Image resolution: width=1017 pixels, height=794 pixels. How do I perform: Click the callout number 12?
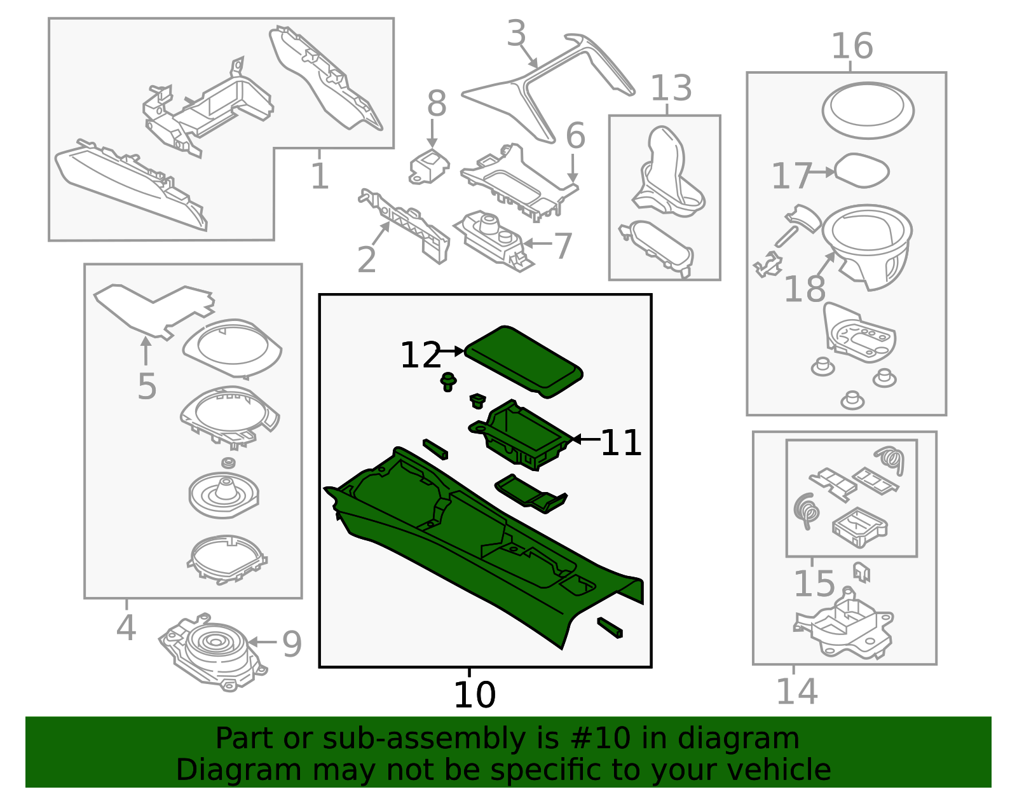tap(420, 355)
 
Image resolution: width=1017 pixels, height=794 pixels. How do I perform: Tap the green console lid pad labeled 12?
tap(524, 359)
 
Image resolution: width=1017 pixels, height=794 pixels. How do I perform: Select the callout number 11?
tap(620, 443)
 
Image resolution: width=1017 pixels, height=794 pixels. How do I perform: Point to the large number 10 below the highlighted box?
tap(474, 695)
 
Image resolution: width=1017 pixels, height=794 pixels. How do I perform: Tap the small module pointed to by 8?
tap(428, 167)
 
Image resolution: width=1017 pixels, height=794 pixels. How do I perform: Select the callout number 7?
tap(563, 246)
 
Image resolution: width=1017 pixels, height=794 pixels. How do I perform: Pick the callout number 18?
tap(804, 289)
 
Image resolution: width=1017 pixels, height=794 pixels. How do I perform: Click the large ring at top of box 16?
tap(868, 110)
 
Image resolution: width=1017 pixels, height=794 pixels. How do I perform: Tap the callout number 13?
tap(671, 88)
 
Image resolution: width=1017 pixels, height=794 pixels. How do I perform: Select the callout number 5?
tap(147, 387)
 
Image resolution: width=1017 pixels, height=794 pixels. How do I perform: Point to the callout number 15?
tap(814, 584)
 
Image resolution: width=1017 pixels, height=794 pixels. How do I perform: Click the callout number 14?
tap(796, 692)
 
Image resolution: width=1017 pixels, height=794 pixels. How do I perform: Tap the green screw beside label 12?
tap(449, 381)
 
